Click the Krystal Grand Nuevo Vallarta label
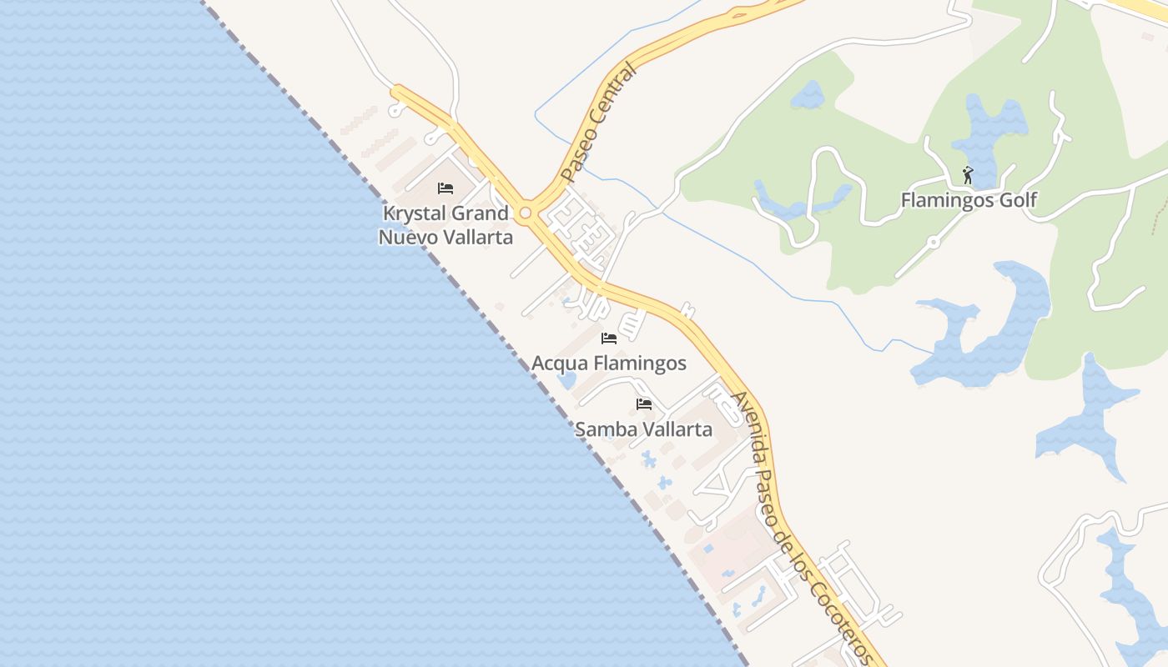pos(446,225)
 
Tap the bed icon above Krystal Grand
pos(446,188)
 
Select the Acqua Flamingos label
pos(609,364)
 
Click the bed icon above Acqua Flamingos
pos(609,339)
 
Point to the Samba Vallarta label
pos(643,430)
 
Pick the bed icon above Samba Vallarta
pos(643,405)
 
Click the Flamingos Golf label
pos(969,200)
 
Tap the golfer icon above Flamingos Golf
pos(968,176)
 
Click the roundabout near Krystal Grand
pos(525,214)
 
